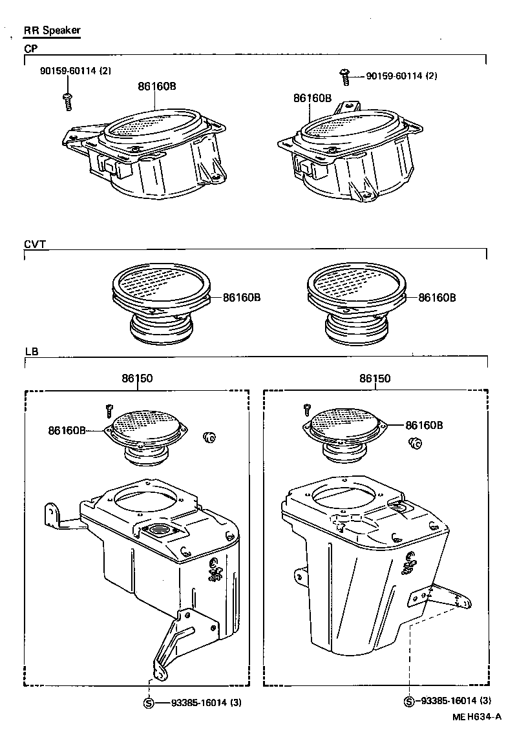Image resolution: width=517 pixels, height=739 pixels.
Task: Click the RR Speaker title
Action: click(52, 30)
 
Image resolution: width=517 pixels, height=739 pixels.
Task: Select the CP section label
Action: click(31, 48)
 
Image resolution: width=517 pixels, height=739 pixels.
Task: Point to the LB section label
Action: click(31, 351)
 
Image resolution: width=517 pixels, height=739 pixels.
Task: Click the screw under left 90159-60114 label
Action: click(67, 99)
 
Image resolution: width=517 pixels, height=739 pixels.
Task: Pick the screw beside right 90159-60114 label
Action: click(346, 77)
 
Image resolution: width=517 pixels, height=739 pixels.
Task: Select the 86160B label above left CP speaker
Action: click(156, 85)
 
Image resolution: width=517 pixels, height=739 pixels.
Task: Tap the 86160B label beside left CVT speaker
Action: click(242, 298)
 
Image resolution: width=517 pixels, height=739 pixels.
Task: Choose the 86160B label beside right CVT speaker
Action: click(437, 298)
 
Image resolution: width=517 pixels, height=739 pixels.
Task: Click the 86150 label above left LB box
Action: click(136, 379)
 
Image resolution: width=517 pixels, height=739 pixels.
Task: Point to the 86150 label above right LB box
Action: click(375, 379)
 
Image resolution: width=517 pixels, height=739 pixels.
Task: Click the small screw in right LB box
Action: click(306, 409)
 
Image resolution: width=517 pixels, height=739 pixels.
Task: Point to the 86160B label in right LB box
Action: click(424, 425)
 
